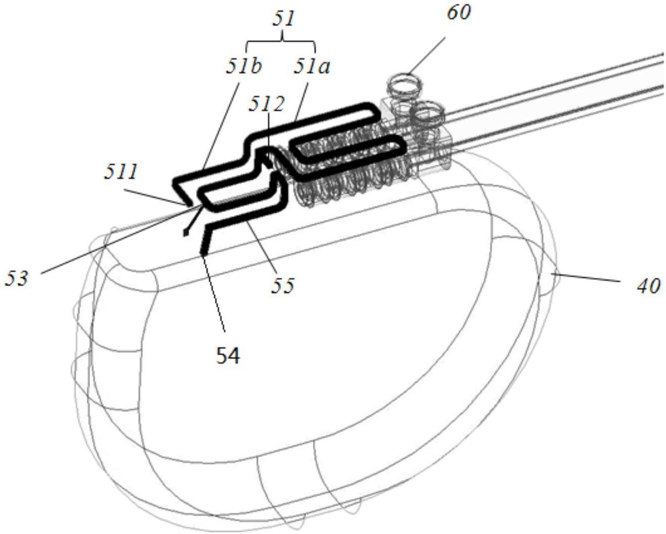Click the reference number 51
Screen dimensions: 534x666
(x=283, y=20)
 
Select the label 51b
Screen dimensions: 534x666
(x=243, y=66)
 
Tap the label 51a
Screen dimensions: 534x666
(x=311, y=66)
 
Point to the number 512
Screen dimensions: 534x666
(x=267, y=104)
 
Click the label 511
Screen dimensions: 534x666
(x=121, y=172)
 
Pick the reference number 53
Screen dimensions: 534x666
(x=16, y=278)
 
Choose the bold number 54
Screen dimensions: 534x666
(x=228, y=356)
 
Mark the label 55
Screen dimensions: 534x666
(x=282, y=285)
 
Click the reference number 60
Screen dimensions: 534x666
(x=459, y=12)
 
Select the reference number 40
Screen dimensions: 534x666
(x=648, y=285)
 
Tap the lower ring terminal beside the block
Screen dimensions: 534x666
(x=427, y=111)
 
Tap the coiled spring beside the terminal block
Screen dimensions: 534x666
(x=347, y=171)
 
